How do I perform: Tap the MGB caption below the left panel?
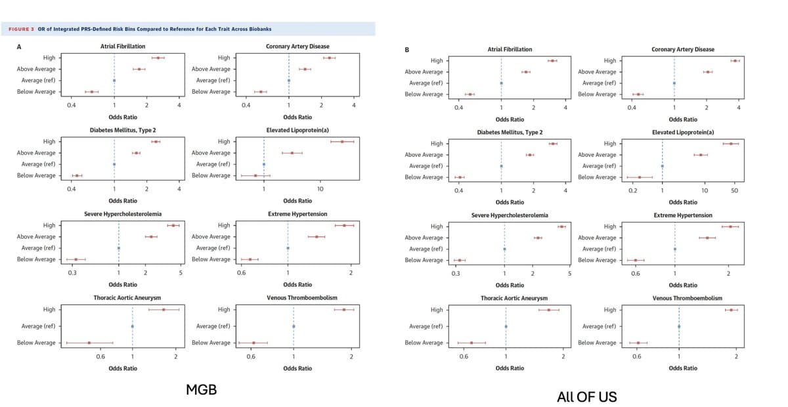pos(201,391)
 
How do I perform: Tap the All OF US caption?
pos(586,396)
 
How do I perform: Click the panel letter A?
pos(18,47)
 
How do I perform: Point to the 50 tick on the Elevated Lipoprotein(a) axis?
pos(734,190)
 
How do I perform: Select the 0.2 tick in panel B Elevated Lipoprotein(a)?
pos(633,190)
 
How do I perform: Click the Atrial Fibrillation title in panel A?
pos(122,47)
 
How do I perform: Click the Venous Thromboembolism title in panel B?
pos(687,298)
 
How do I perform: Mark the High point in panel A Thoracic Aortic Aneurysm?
pos(164,309)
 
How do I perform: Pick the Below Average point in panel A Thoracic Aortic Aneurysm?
pos(89,343)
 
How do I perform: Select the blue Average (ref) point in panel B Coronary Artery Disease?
pos(674,83)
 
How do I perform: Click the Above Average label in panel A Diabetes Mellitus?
pos(36,153)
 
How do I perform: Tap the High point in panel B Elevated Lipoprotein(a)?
pos(731,143)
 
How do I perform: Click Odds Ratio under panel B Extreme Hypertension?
pos(683,285)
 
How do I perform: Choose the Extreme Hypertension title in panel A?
pos(297,214)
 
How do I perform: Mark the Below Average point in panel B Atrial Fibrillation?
pos(470,95)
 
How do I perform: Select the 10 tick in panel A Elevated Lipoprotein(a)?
pos(319,189)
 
